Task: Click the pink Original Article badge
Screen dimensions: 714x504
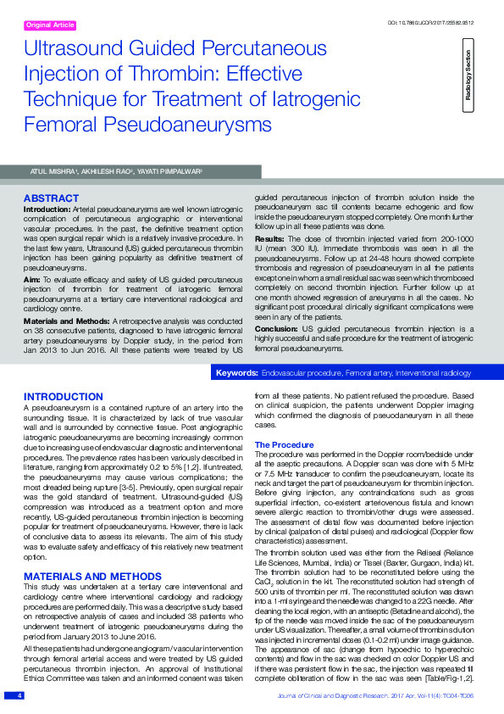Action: [x=51, y=26]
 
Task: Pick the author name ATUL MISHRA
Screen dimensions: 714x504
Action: [x=53, y=171]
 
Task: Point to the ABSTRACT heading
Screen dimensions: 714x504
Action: [x=51, y=198]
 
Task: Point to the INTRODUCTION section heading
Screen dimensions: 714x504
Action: [x=64, y=397]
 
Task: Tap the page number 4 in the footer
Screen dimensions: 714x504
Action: [x=19, y=695]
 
